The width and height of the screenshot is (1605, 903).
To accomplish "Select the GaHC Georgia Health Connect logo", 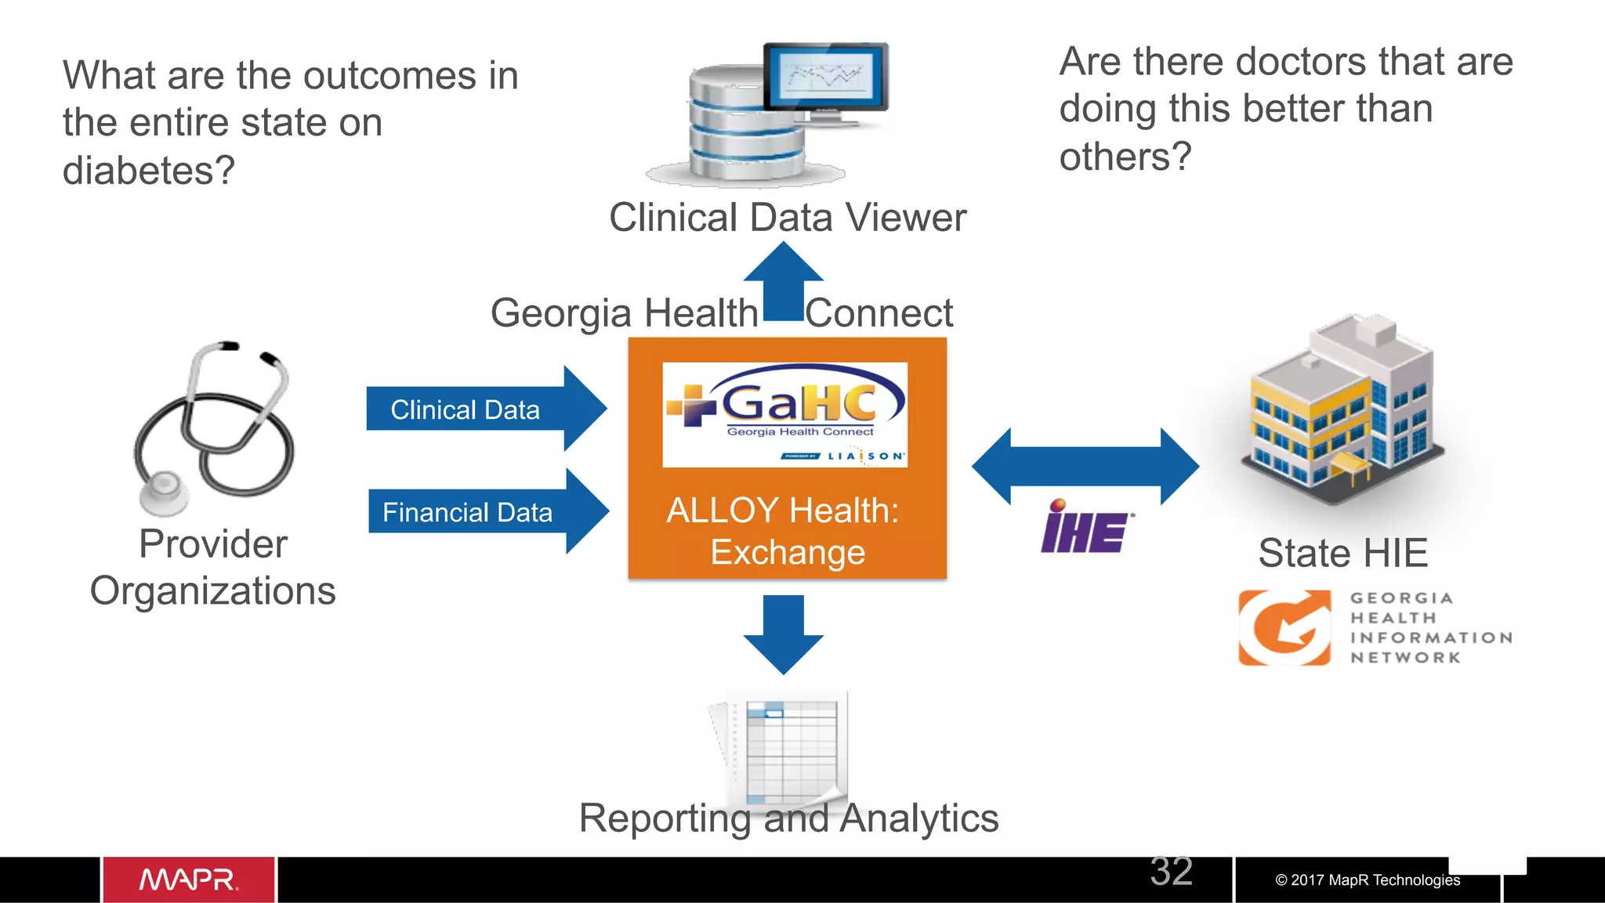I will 784,414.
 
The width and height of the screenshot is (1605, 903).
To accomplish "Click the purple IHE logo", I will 1085,528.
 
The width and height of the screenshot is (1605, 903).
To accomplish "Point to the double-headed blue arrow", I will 1085,466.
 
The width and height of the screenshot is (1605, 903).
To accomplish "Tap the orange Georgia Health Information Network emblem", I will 1284,627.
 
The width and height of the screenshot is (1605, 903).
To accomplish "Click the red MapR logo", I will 189,880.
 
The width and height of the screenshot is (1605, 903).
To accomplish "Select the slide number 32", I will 1171,871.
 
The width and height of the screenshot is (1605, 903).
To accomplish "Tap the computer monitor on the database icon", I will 826,78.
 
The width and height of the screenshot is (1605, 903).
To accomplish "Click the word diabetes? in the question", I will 149,170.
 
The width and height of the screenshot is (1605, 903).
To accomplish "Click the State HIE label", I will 1342,553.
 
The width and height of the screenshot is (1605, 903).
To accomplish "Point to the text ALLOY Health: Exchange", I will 784,531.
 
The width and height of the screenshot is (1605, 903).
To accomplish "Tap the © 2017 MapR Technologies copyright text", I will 1367,880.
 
